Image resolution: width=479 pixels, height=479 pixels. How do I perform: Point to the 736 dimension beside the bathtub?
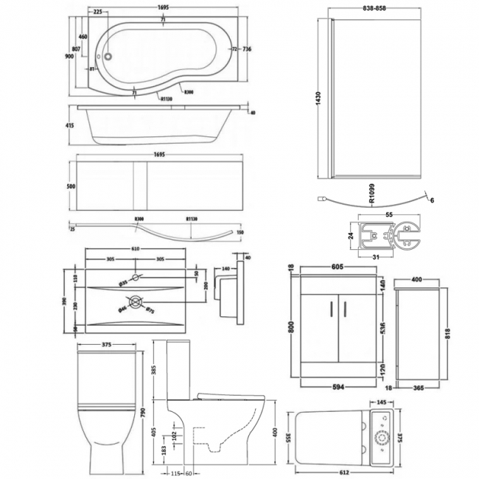pyautogui.click(x=248, y=49)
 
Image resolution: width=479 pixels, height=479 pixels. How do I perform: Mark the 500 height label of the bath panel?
pyautogui.click(x=70, y=187)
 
